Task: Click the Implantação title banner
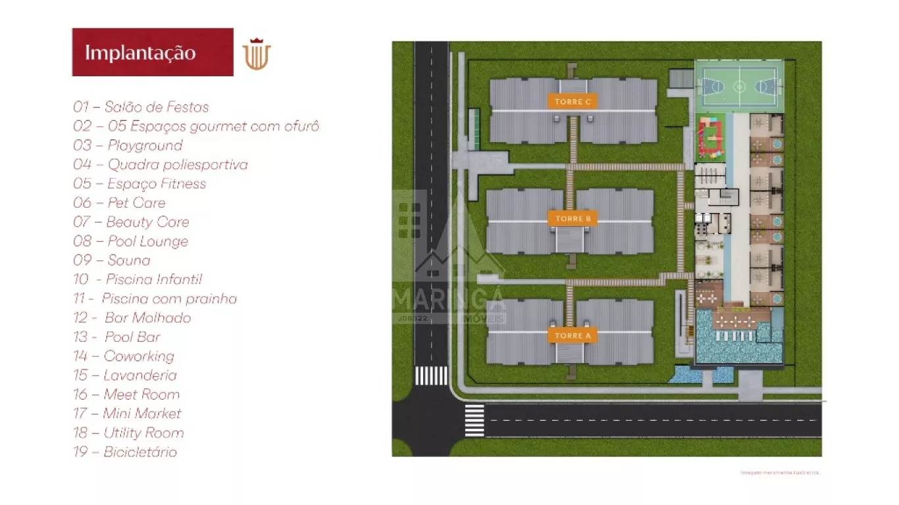pyautogui.click(x=153, y=52)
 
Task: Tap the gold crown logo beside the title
pyautogui.click(x=257, y=54)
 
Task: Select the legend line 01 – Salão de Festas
pyautogui.click(x=141, y=107)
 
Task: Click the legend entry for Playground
pyautogui.click(x=128, y=145)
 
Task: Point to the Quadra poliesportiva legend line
pyautogui.click(x=161, y=164)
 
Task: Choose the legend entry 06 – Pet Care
pyautogui.click(x=119, y=203)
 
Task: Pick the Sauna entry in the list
pyautogui.click(x=112, y=260)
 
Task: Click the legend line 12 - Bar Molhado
pyautogui.click(x=132, y=318)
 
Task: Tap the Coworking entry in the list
pyautogui.click(x=124, y=356)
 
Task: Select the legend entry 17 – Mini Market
pyautogui.click(x=127, y=414)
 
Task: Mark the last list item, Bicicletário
pyautogui.click(x=125, y=452)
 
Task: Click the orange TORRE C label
pyautogui.click(x=573, y=101)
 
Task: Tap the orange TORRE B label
pyautogui.click(x=573, y=218)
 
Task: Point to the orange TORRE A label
pyautogui.click(x=573, y=335)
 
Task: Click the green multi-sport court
pyautogui.click(x=739, y=86)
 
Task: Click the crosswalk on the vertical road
pyautogui.click(x=431, y=375)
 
